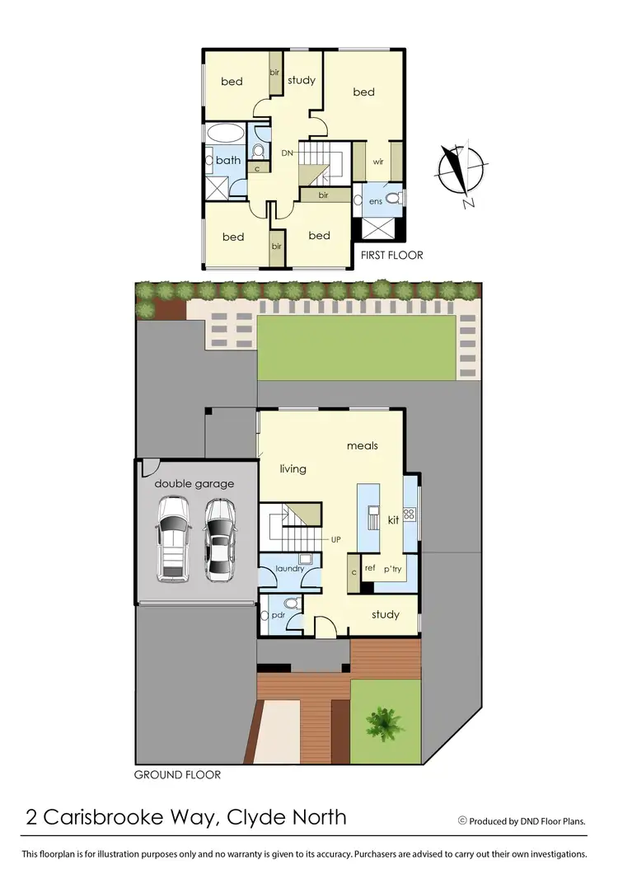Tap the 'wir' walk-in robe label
378,162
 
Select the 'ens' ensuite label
375,201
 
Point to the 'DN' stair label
288,153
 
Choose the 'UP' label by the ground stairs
335,539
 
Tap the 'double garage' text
194,484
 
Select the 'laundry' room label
290,568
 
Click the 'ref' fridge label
370,568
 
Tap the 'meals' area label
363,446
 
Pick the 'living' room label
293,469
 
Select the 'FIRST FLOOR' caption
391,256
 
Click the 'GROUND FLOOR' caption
177,775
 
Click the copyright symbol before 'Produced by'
462,820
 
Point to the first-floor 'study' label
302,81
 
